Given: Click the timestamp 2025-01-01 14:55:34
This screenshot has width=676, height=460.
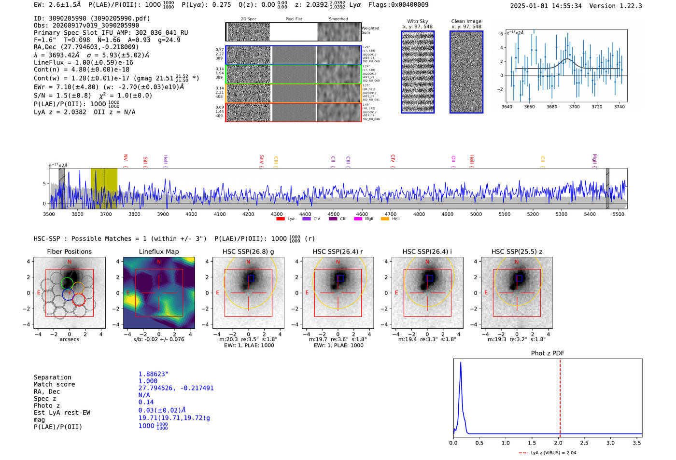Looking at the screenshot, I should point(546,6).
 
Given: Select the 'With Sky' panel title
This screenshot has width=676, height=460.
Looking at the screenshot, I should point(418,21).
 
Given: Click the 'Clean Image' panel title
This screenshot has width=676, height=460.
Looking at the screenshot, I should point(466,21).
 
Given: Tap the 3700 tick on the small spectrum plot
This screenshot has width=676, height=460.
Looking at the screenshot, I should point(574,107).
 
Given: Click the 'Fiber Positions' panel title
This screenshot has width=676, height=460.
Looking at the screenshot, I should point(69,251).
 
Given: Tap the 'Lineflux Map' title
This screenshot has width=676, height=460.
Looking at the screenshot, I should point(159,251).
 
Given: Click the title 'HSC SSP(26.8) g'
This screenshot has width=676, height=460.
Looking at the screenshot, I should point(248,251).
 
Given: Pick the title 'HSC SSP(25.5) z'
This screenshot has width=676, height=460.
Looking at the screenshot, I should point(517,251).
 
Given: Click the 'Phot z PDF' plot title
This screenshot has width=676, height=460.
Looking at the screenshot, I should point(548,353).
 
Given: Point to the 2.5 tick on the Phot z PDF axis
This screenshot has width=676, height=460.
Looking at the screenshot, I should point(584,443).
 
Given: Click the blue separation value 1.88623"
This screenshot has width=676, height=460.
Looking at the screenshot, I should point(153,374).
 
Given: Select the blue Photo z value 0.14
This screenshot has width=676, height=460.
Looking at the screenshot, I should point(146,402).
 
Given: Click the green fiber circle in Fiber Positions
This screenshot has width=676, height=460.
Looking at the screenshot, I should point(67,283).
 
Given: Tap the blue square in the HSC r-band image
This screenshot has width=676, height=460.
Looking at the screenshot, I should point(340,278).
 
